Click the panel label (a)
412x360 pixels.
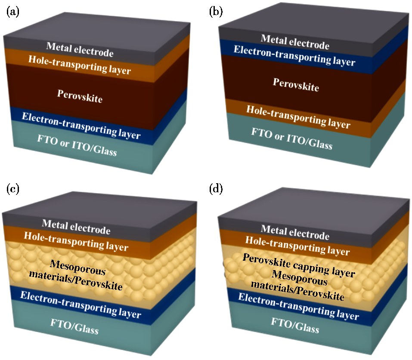coord(12,12)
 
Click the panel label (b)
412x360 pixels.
coord(215,12)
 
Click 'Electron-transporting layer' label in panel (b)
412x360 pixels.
coord(294,56)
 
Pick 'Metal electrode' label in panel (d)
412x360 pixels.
coord(295,232)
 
